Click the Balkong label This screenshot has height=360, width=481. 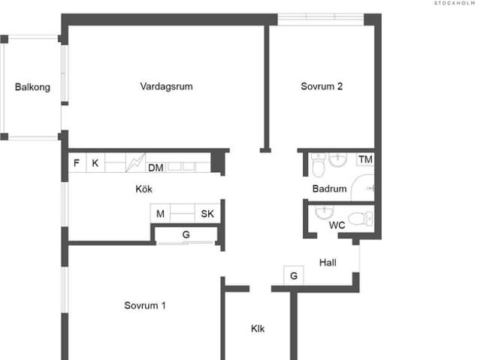point(32,87)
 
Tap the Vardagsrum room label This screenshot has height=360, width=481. point(166,86)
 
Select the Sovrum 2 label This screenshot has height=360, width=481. point(322,86)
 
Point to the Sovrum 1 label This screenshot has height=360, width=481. point(145,306)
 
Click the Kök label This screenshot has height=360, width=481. point(144,189)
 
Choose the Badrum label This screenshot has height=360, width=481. point(329,189)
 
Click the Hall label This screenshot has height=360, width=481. point(328,263)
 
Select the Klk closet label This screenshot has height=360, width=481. point(258,328)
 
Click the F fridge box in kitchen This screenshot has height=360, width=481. point(76,163)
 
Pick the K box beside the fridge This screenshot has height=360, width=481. point(95,163)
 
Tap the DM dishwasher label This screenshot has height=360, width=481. point(156,168)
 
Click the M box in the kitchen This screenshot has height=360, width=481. point(160,214)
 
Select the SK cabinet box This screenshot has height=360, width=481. point(207,214)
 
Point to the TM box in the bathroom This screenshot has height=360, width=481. point(365,159)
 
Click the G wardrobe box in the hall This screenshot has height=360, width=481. point(293,276)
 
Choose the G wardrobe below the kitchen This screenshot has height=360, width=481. point(186,235)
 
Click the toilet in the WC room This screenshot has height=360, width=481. point(362,219)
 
